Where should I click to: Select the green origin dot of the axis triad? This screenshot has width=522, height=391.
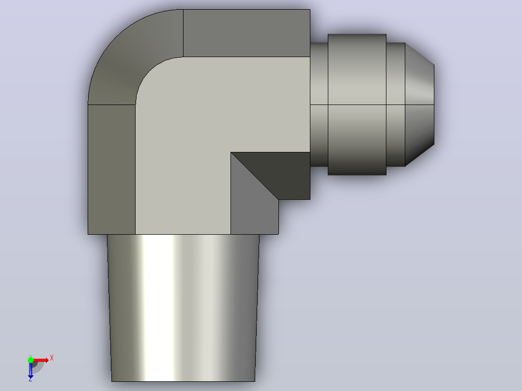click(x=31, y=360)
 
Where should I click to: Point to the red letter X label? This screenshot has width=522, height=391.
click(x=52, y=358)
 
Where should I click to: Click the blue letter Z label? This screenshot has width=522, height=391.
click(x=31, y=379)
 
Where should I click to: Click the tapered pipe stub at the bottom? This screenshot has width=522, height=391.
click(x=183, y=308)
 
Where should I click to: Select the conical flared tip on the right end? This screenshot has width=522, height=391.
click(x=419, y=105)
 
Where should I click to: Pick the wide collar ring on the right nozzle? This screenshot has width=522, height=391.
click(x=357, y=105)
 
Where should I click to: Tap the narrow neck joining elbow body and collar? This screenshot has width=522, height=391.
click(x=319, y=105)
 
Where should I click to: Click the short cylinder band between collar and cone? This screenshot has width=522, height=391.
click(x=396, y=105)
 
